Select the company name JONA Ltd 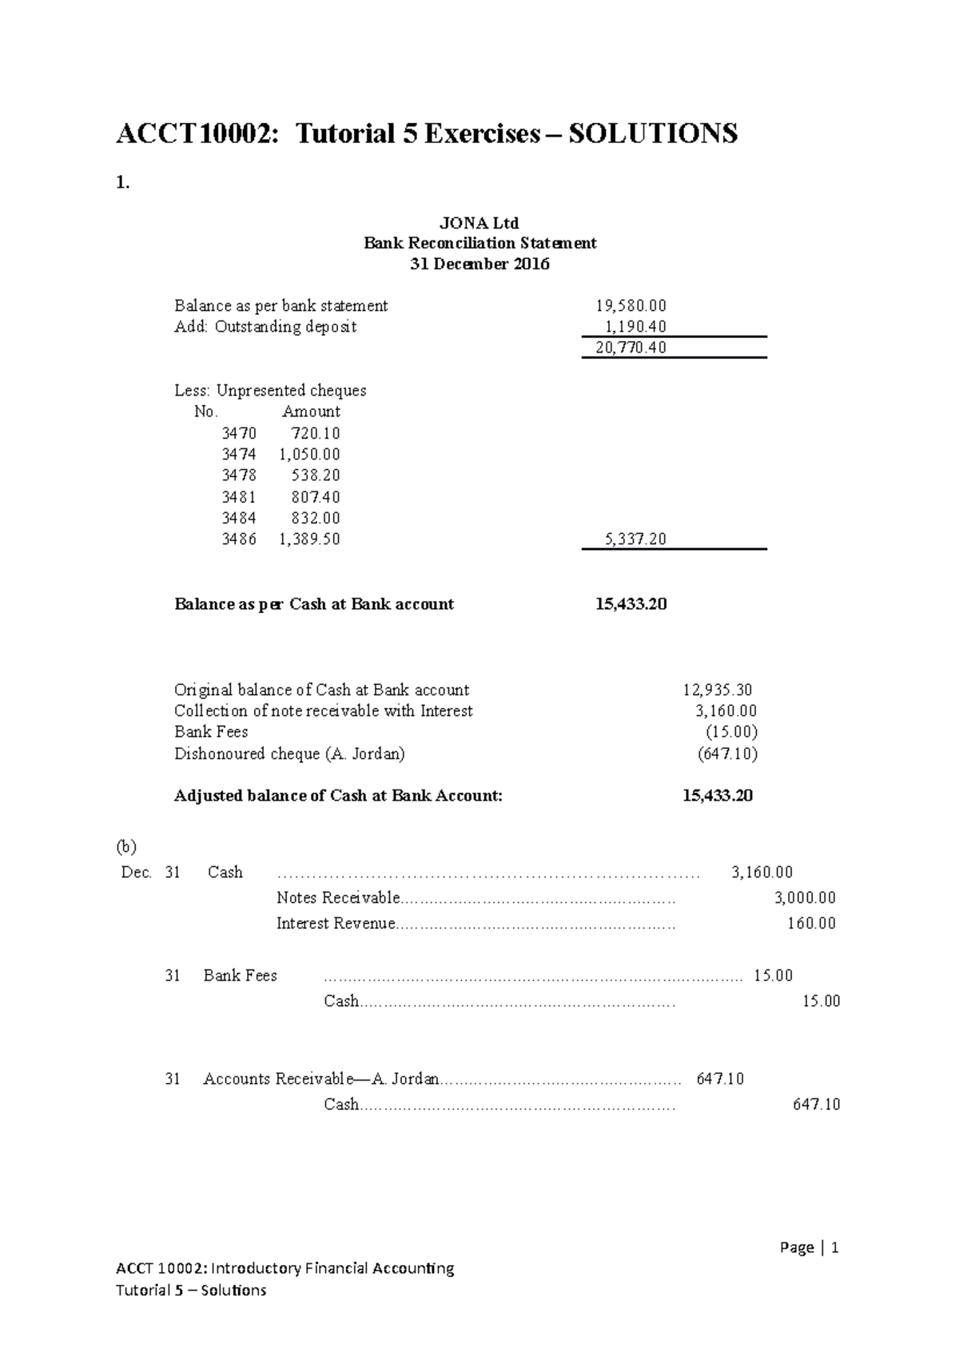click(x=479, y=223)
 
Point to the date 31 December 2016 click(x=479, y=265)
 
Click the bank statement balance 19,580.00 click(x=631, y=305)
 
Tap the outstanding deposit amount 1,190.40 click(x=635, y=326)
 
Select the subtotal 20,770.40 click(x=631, y=348)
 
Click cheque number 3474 click(x=238, y=454)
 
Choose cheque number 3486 click(x=238, y=539)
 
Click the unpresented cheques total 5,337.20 click(x=635, y=539)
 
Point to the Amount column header click(x=311, y=412)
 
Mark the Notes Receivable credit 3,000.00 click(x=805, y=898)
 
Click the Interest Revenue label click(x=336, y=924)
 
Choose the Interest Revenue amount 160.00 click(x=811, y=924)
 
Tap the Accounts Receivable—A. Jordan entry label click(x=320, y=1079)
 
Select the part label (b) click(x=126, y=846)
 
